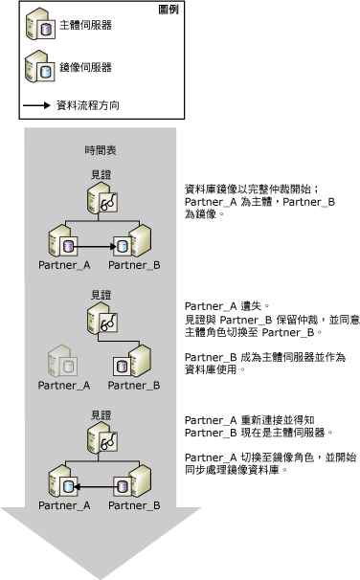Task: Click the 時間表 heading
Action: click(x=101, y=151)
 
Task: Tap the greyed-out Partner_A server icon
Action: click(x=62, y=363)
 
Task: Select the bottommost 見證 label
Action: click(x=101, y=415)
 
